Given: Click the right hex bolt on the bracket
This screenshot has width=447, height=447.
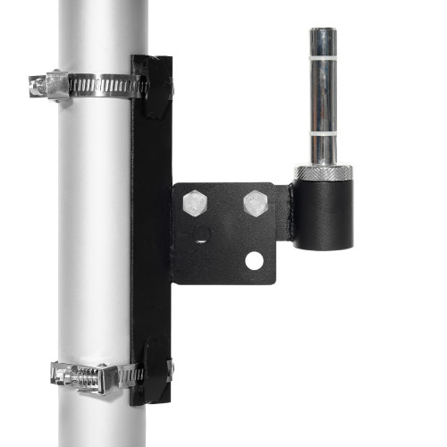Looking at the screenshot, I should click(x=257, y=204).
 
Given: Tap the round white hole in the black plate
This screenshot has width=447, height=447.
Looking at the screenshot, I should click(x=256, y=261).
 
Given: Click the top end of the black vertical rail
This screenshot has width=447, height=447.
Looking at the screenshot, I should click(x=151, y=60).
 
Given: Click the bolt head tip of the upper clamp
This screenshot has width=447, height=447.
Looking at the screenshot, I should click(x=34, y=85).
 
